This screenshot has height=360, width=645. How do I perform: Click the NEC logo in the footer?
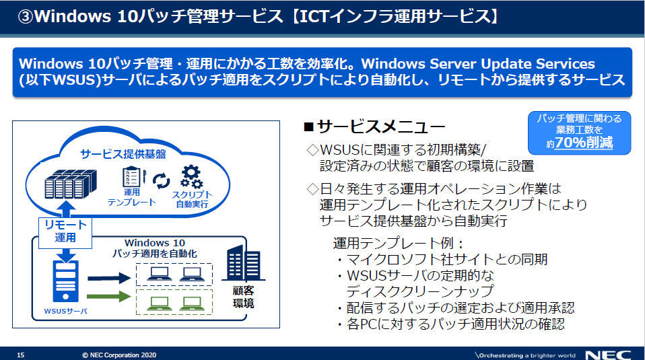click(608, 355)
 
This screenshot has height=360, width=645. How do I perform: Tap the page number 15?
click(21, 355)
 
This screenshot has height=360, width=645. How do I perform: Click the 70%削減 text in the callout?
click(584, 143)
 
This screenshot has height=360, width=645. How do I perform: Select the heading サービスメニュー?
click(374, 127)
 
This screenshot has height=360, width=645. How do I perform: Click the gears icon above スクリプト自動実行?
click(191, 177)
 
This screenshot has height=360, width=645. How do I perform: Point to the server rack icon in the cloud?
click(70, 184)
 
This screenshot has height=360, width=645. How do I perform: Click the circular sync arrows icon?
click(162, 181)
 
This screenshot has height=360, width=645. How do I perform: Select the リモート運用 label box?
click(65, 233)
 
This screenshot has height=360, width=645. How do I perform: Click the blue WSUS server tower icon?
click(66, 281)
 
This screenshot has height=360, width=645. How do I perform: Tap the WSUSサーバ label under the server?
click(66, 312)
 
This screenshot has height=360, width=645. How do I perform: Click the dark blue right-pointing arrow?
click(109, 278)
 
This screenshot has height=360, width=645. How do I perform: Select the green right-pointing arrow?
click(109, 296)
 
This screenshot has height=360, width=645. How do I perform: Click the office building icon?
click(244, 263)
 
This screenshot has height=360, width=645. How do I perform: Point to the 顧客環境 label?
click(244, 297)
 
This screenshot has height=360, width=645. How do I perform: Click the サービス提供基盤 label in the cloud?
click(123, 154)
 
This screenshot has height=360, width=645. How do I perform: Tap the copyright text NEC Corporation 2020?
click(119, 355)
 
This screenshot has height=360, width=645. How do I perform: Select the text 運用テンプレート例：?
click(398, 244)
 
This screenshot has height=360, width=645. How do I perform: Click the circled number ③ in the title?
click(26, 17)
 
